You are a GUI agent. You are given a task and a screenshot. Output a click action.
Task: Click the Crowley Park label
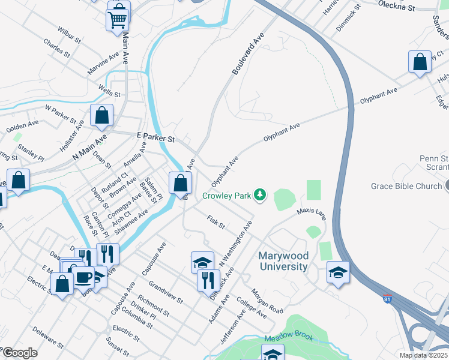coord(226,196)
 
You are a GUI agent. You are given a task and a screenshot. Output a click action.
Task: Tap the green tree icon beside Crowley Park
coord(260,194)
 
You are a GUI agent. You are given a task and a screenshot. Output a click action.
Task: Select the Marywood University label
coord(283,261)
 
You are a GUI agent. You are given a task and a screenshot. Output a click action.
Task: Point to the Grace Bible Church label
coord(406,186)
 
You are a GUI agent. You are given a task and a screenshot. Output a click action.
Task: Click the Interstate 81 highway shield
coord(387,298)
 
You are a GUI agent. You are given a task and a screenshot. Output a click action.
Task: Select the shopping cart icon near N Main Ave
coord(117,19)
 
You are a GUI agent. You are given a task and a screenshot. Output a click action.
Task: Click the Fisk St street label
coord(215,223)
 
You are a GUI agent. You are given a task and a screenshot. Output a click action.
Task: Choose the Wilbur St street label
coord(69,35)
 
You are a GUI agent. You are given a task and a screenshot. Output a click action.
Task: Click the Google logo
coord(20,353)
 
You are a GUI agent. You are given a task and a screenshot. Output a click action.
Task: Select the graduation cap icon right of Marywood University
coord(338,272)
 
